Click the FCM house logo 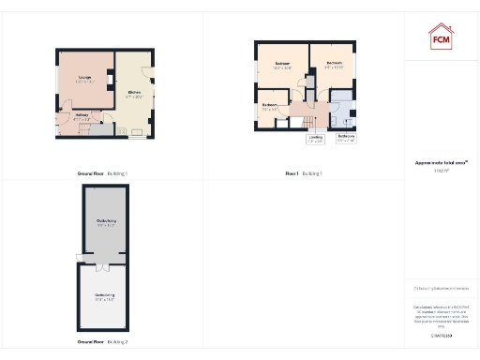(x=442, y=37)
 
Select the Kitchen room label (x=134, y=93)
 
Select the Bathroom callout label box (x=346, y=139)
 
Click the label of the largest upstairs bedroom (x=282, y=66)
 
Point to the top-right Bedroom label (x=335, y=65)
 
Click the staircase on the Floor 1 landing (x=306, y=120)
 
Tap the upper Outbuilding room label (x=105, y=222)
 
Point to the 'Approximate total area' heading (x=441, y=162)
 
